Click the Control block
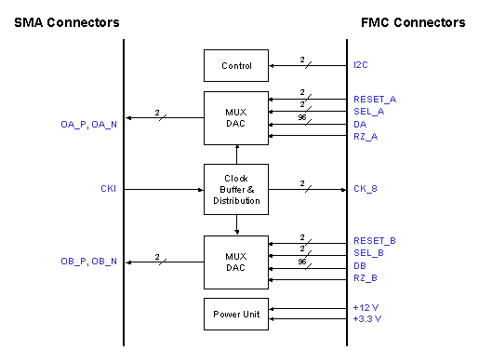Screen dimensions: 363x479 click(236, 66)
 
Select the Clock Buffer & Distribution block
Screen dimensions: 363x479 click(236, 189)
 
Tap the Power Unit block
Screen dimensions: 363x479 click(236, 314)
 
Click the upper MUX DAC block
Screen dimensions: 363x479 click(236, 118)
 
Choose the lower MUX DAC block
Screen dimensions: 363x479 click(236, 262)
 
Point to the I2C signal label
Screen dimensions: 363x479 click(361, 66)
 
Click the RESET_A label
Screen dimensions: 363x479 click(373, 99)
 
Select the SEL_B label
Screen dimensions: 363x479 click(369, 253)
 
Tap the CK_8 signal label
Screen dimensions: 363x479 click(366, 189)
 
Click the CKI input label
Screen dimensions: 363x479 click(108, 189)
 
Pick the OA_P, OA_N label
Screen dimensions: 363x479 click(89, 124)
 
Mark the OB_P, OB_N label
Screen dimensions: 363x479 click(89, 262)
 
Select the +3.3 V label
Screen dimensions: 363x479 click(367, 319)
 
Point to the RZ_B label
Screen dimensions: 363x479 click(366, 277)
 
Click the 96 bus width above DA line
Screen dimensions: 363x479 click(302, 118)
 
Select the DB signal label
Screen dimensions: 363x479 click(360, 265)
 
